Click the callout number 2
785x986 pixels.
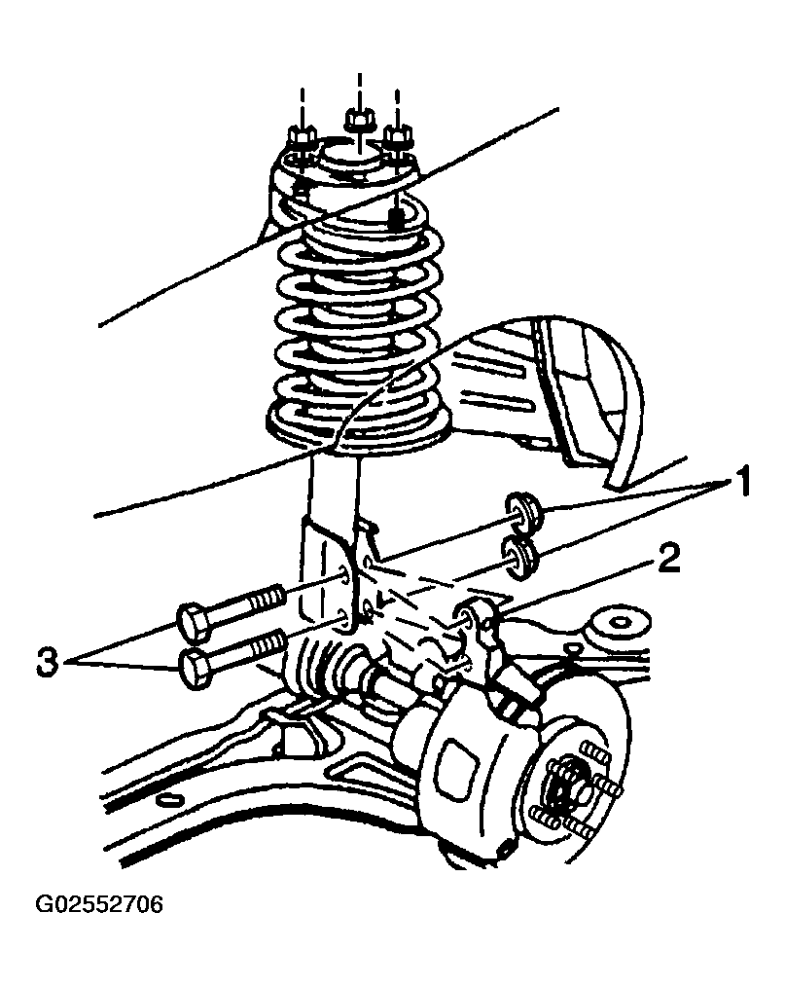coord(668,559)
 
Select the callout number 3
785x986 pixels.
coord(47,662)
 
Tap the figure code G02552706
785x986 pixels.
coord(99,904)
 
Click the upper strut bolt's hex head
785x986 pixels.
coord(193,622)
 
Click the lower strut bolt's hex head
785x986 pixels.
coord(195,671)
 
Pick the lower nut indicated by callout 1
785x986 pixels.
coord(519,559)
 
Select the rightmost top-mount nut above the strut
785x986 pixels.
coord(397,136)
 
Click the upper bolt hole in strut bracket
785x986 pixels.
coord(345,574)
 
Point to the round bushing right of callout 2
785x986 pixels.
coord(617,623)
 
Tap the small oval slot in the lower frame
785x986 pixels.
coord(168,799)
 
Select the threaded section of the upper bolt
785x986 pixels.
coord(267,598)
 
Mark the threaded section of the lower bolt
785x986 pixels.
coord(269,645)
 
